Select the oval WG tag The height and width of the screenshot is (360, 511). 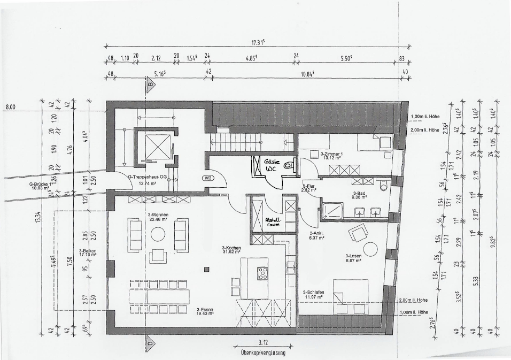click(x=208, y=178)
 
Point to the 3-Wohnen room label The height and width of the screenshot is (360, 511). click(x=157, y=216)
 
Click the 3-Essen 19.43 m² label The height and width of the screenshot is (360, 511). click(x=205, y=311)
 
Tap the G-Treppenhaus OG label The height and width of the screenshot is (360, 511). click(x=141, y=180)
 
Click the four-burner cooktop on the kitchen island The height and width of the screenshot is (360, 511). click(x=263, y=273)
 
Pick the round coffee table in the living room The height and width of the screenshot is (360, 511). click(x=158, y=234)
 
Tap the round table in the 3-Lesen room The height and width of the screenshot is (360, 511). click(x=370, y=249)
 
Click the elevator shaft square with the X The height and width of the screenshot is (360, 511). click(x=154, y=146)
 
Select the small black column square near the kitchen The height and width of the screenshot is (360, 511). click(x=206, y=269)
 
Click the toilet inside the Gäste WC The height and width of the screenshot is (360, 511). click(x=289, y=166)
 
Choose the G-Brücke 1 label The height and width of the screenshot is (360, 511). click(x=41, y=186)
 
